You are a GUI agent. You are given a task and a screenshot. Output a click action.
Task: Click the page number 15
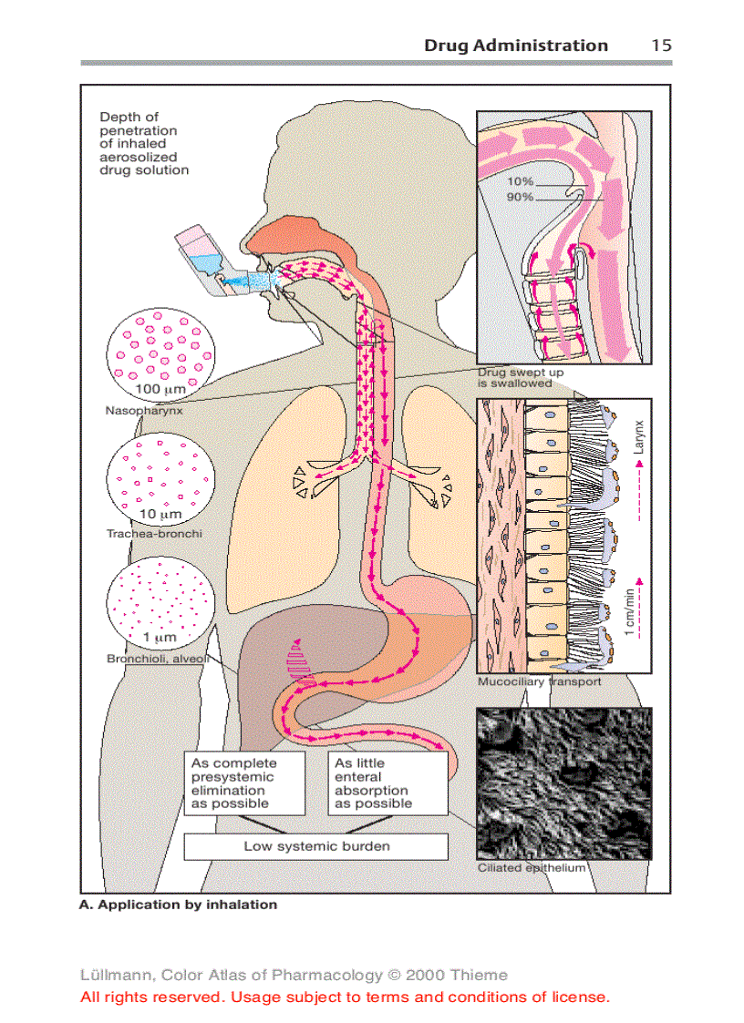point(661,46)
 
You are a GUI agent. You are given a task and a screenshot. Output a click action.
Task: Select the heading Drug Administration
point(515,46)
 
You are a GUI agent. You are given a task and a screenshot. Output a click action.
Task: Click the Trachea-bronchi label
point(154,534)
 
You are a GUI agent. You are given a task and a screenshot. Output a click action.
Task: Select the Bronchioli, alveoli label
point(157,658)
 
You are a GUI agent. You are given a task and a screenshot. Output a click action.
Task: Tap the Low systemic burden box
point(315,846)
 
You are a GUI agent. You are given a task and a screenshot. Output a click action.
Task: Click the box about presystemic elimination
point(245,783)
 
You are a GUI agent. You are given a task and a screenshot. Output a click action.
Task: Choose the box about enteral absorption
point(387,783)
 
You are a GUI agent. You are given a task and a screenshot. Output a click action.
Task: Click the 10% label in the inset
point(521,182)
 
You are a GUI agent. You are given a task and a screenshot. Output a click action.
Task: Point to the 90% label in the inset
point(521,197)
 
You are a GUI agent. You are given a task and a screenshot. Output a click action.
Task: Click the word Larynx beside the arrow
point(639,436)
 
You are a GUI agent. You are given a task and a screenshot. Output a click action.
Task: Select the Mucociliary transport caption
point(539,681)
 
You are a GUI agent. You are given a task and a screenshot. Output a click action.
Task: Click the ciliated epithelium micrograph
point(564,782)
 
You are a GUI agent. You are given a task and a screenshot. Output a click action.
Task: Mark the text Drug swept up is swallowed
point(521,378)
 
